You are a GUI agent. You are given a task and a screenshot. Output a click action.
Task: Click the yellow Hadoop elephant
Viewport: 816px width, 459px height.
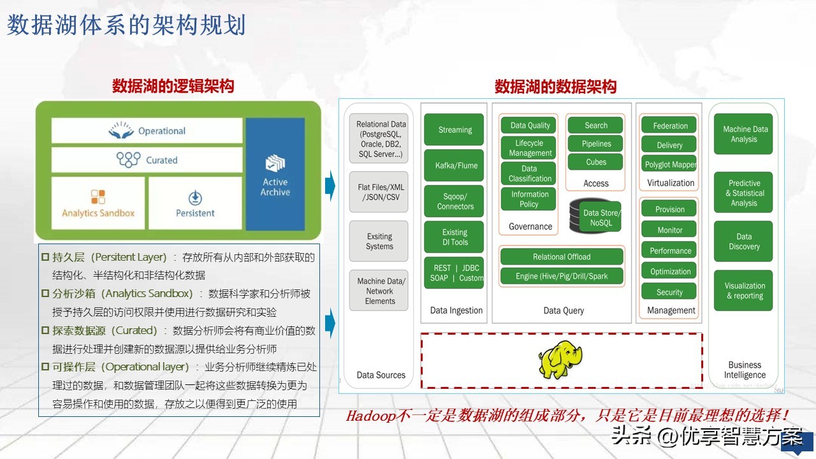point(560,360)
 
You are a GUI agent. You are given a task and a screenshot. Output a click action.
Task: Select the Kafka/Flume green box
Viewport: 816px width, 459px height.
point(455,166)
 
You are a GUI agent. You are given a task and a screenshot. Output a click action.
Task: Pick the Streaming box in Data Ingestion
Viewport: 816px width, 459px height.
point(455,130)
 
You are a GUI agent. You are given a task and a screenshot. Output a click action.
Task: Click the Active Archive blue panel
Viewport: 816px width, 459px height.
point(275,174)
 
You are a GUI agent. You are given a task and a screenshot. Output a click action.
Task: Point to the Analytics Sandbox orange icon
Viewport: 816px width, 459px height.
point(98,196)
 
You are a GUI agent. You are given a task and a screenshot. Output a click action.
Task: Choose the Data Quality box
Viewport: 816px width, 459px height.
point(530,126)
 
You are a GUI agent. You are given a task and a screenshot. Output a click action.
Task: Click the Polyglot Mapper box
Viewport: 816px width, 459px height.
point(670,164)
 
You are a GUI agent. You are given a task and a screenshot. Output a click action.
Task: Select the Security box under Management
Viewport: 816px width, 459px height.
point(669,292)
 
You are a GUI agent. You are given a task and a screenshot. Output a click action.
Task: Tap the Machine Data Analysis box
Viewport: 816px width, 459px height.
point(744,134)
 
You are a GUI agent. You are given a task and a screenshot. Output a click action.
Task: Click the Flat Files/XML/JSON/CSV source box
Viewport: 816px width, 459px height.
point(379,193)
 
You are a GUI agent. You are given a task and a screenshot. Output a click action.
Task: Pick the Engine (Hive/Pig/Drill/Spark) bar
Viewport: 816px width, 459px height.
point(562,277)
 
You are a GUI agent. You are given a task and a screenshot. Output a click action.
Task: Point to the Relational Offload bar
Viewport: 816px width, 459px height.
point(562,257)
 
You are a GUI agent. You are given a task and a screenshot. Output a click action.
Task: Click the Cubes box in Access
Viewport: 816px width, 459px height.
point(596,163)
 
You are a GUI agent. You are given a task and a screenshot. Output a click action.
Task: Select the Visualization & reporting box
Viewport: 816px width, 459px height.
point(744,291)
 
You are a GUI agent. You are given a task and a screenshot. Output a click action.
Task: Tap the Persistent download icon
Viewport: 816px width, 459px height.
point(195,197)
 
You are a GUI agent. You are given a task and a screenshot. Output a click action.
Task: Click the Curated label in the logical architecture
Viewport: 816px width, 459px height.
point(161,160)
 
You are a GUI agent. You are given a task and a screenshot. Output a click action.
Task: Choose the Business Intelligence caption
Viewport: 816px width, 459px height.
point(744,370)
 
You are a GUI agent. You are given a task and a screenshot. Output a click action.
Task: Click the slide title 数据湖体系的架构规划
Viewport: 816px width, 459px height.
point(126,25)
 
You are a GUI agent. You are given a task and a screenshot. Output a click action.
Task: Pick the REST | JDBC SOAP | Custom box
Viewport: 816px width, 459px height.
point(455,273)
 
